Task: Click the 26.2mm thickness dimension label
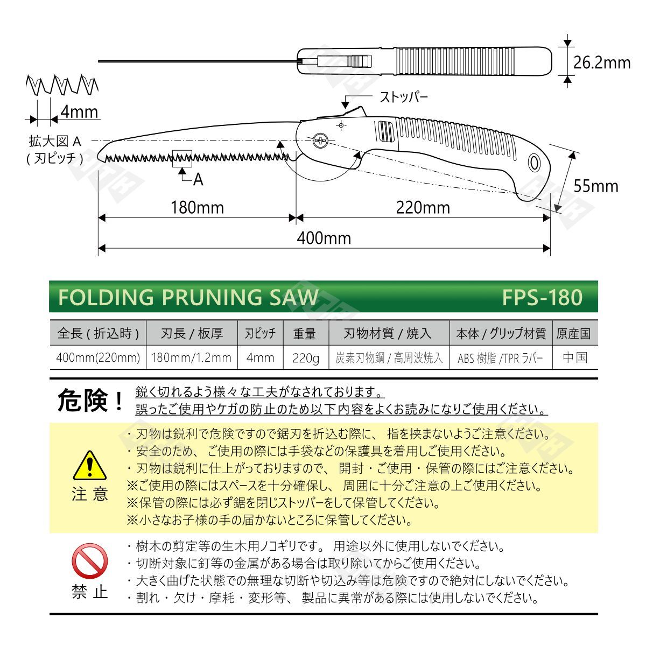(x=602, y=62)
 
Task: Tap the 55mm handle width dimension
(x=596, y=186)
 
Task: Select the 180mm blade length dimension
(x=197, y=207)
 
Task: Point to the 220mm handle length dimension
(x=423, y=207)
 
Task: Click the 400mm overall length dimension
(x=324, y=238)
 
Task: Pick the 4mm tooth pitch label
(x=80, y=111)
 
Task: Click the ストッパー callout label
(x=404, y=97)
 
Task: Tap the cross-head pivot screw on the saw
(x=320, y=141)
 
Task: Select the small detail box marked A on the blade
(x=182, y=159)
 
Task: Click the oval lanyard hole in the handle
(x=533, y=163)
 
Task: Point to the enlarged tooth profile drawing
(x=62, y=85)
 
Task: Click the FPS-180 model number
(x=542, y=297)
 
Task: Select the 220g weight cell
(x=305, y=358)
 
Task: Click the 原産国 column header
(x=573, y=334)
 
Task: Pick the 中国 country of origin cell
(x=575, y=357)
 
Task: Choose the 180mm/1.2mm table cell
(x=192, y=357)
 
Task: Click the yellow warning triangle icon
(x=89, y=465)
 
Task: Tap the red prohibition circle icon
(x=89, y=561)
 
